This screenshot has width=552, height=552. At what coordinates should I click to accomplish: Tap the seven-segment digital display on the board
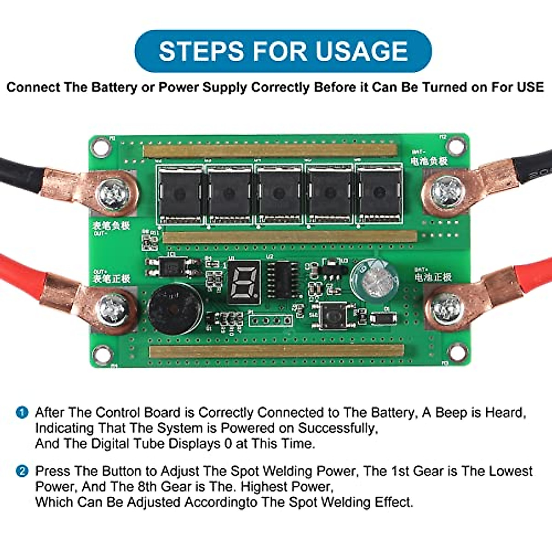[243, 282]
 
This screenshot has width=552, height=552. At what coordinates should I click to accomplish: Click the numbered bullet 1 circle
[22, 412]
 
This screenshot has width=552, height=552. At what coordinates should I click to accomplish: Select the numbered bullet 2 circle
[22, 471]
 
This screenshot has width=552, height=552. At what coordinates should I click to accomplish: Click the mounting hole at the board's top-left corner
[101, 147]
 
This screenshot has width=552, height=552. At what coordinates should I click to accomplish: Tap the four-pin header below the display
[271, 320]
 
